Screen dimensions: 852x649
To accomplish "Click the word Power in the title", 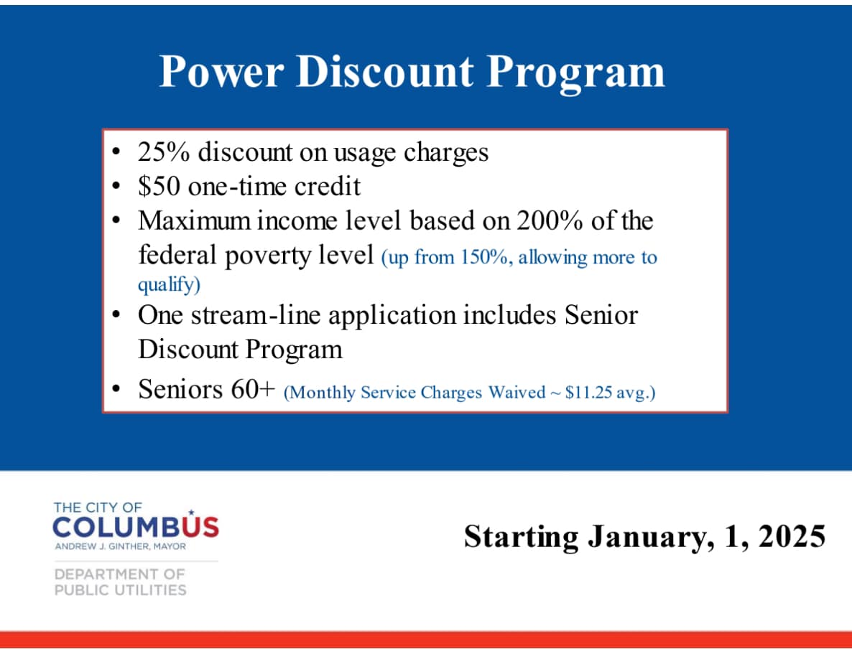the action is (x=221, y=71).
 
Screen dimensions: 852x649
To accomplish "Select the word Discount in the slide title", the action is (x=384, y=71).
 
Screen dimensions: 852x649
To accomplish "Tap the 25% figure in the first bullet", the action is (x=164, y=152).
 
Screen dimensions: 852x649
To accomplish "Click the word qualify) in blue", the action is (x=169, y=284).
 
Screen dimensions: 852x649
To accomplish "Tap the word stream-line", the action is (x=255, y=315).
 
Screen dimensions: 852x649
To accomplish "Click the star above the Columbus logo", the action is (x=190, y=512).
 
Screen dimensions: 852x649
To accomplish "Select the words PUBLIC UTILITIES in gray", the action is (x=120, y=590).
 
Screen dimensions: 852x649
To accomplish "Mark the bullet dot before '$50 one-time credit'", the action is (x=116, y=186).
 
